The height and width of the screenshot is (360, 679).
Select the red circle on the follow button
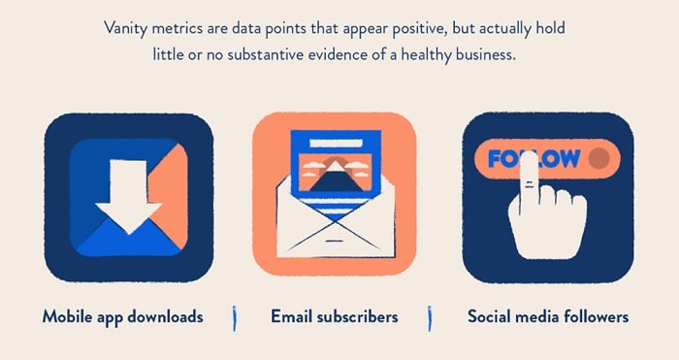pos(599,158)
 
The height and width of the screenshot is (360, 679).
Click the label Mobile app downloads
pos(122,316)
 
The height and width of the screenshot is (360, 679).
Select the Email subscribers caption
pos(334,316)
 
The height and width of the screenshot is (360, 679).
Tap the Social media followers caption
pos(547,316)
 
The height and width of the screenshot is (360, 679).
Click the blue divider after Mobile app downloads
pos(234,317)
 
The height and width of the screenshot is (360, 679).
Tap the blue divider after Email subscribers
pos(430,317)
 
